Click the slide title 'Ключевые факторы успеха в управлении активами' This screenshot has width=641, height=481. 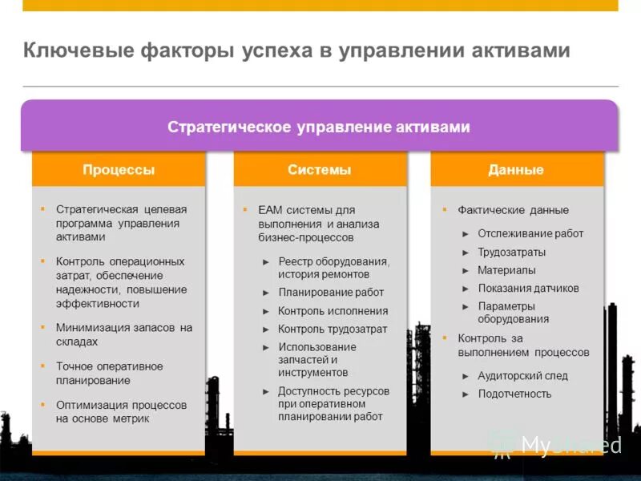[296, 51]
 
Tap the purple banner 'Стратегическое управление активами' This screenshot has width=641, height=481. [319, 127]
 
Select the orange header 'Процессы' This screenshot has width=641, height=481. [119, 170]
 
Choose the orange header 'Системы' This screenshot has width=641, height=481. [320, 170]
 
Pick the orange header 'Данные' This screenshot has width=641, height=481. [516, 170]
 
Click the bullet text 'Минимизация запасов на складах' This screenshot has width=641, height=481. [124, 334]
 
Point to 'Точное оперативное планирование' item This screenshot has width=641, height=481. [109, 373]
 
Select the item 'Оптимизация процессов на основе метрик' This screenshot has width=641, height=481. [121, 411]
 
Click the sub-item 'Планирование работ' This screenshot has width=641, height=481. [331, 293]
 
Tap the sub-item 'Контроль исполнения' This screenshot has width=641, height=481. [333, 311]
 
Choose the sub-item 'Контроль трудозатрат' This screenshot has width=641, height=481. [333, 329]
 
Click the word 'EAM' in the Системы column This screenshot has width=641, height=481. [268, 210]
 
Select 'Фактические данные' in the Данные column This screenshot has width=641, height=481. [513, 210]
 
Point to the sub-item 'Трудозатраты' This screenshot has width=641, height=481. [511, 252]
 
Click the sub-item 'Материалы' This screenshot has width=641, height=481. [506, 270]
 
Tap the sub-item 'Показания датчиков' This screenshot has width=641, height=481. [528, 289]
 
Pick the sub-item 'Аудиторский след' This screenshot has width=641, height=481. [522, 375]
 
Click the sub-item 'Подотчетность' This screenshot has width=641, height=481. [514, 394]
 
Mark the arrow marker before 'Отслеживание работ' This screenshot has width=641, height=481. [466, 234]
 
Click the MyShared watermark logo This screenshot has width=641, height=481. [556, 445]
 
